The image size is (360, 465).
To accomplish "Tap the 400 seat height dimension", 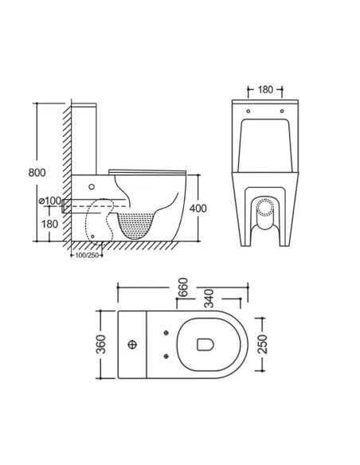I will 198,209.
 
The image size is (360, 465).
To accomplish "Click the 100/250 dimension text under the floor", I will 85,256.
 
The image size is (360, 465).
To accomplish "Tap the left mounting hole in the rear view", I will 248,111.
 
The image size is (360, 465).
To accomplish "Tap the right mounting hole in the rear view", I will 282,111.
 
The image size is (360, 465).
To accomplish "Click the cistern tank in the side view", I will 88,137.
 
